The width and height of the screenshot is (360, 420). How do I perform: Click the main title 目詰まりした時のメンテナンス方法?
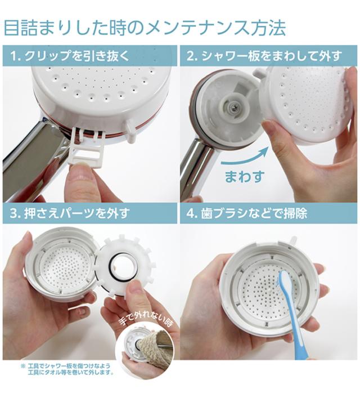[x=145, y=28]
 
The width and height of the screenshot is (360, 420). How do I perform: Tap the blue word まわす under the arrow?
[x=245, y=177]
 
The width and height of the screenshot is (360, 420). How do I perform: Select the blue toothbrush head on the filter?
[x=284, y=282]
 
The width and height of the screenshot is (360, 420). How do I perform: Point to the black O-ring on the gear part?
[x=122, y=268]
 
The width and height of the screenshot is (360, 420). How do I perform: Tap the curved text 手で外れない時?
[x=146, y=323]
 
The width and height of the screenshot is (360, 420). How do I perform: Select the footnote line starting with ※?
[x=66, y=365]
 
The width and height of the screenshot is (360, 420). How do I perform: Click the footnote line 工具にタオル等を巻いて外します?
[x=71, y=373]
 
